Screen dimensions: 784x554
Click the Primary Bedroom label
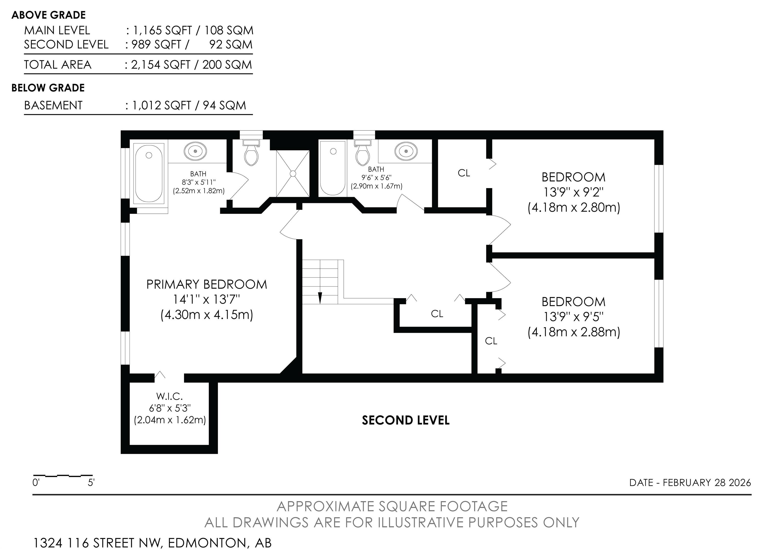tap(206, 284)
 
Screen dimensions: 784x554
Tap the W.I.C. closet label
tap(170, 396)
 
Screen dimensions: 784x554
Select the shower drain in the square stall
tap(293, 174)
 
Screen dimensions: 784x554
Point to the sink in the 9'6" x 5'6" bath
tap(406, 151)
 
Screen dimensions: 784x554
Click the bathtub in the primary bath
tap(149, 173)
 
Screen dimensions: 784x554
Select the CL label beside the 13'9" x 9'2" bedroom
tap(464, 173)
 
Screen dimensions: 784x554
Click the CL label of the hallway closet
tap(437, 314)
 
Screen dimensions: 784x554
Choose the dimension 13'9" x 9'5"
tap(574, 317)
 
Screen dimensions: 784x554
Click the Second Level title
tap(406, 420)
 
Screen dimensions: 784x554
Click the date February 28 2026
tap(707, 483)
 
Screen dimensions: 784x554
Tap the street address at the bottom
tap(152, 543)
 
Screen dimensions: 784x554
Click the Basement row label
tap(53, 105)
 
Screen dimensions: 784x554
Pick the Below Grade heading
tap(48, 88)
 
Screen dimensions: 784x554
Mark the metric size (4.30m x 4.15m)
tap(206, 315)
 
